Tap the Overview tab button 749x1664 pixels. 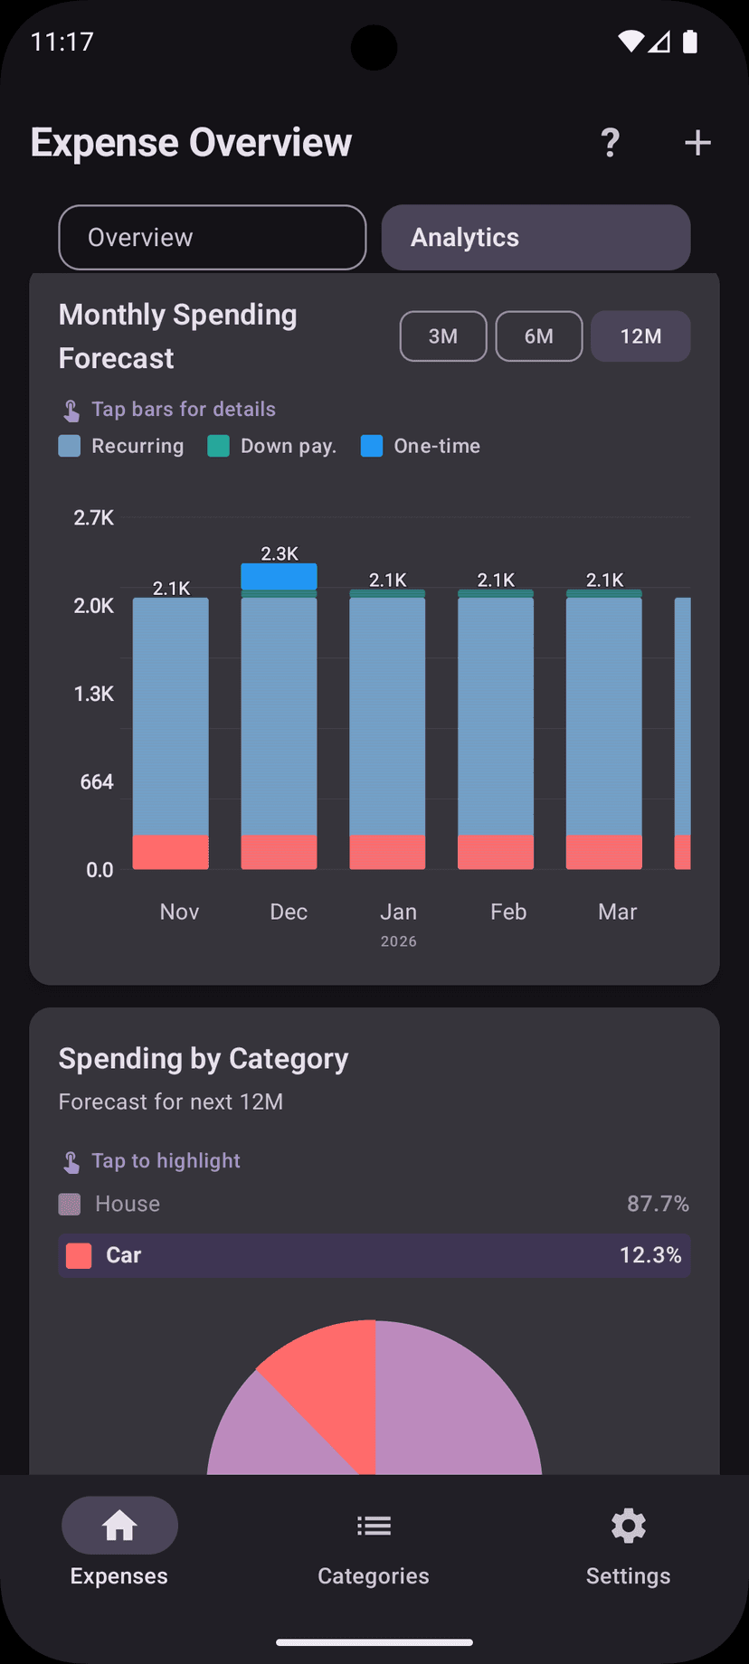tap(212, 237)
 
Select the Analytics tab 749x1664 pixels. tap(536, 237)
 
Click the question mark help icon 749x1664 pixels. tap(611, 142)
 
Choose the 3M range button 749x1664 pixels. tap(443, 336)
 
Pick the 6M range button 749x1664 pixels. tap(539, 336)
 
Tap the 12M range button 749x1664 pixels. tap(640, 336)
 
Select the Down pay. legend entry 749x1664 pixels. tap(272, 446)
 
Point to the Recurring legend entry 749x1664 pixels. tap(121, 446)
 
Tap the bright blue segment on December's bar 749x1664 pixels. tap(279, 576)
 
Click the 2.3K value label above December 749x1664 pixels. tap(279, 553)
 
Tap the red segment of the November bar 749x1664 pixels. tap(171, 852)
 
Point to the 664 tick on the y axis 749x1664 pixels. tap(97, 781)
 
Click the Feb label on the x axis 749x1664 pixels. tap(508, 912)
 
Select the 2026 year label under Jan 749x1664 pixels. tap(398, 941)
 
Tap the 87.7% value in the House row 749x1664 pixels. tap(658, 1204)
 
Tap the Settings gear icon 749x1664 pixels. tap(628, 1527)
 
